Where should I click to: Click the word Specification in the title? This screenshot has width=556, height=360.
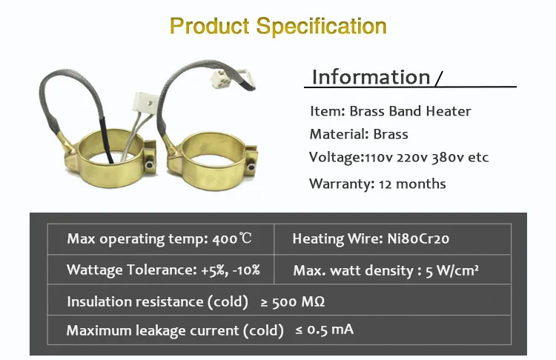(321, 26)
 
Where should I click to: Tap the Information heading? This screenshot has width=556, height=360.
(371, 77)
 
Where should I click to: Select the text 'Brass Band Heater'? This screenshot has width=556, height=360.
(410, 111)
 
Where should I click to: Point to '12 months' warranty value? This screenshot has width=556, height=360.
(412, 184)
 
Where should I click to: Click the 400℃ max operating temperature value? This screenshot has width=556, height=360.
(232, 239)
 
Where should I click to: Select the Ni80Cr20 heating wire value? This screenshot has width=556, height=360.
(418, 239)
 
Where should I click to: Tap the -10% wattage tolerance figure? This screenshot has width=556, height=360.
(246, 270)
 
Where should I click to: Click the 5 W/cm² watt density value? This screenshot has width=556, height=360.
(452, 270)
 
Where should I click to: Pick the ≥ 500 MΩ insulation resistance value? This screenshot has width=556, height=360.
(293, 302)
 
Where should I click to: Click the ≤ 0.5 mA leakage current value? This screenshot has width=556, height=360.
(325, 330)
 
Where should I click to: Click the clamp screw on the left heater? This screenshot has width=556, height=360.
(150, 164)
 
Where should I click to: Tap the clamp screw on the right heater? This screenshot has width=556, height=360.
(251, 167)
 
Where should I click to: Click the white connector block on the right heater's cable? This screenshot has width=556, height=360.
(222, 77)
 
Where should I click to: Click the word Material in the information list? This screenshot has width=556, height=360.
(334, 134)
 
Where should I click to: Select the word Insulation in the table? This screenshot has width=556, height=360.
(99, 302)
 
